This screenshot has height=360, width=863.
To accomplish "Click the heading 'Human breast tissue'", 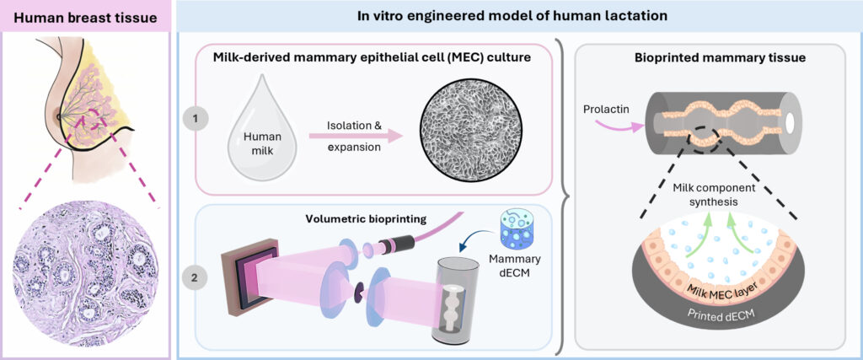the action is pyautogui.click(x=85, y=17).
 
